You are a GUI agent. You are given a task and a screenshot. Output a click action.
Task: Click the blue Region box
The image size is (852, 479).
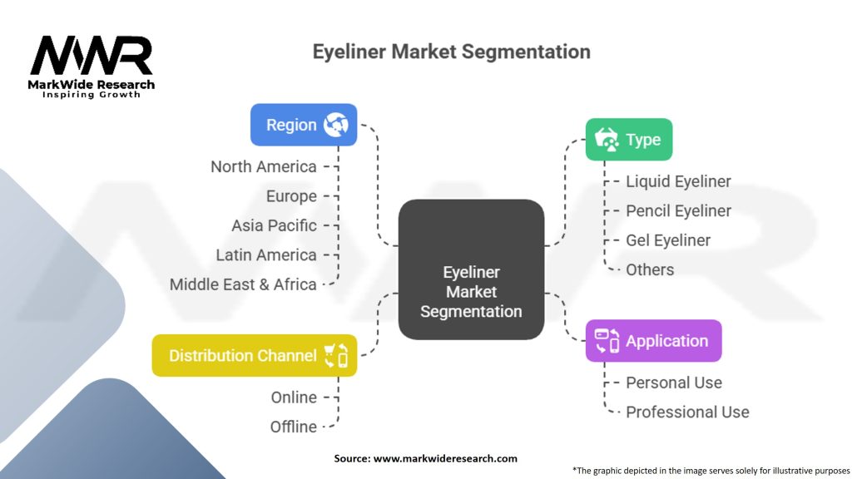pos(304,125)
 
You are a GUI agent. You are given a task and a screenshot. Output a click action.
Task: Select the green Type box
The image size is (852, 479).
pos(629,140)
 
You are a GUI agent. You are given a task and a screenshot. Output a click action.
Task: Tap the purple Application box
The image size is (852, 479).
pos(654,341)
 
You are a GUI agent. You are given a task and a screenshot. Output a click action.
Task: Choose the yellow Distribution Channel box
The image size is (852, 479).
pos(255,356)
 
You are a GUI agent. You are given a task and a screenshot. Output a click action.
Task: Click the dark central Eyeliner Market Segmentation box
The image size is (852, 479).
pos(471,270)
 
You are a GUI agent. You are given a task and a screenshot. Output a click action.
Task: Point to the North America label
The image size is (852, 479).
pos(264,166)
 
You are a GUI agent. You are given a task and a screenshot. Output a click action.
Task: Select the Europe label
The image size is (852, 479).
pos(291,196)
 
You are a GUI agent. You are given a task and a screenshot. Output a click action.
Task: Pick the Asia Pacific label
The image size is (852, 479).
pos(274,225)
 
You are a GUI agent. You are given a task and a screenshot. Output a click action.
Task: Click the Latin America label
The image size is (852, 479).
pos(266,254)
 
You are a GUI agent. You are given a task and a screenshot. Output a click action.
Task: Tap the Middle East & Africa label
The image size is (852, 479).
pos(243,284)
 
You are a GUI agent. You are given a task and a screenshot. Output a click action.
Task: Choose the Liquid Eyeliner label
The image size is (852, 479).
pos(678,181)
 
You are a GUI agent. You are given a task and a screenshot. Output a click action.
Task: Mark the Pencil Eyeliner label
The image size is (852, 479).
pos(678,210)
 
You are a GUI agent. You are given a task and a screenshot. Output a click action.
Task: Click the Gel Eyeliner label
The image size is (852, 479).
pos(668,240)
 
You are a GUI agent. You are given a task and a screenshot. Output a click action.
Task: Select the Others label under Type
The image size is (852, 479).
pos(650,269)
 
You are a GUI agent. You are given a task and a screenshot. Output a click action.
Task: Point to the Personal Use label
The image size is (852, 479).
pos(674,383)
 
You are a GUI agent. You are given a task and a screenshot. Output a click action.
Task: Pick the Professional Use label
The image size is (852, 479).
pos(687,412)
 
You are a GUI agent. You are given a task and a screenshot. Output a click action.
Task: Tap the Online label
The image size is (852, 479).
pos(294,398)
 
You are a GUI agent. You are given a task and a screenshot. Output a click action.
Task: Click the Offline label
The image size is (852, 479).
pos(294,427)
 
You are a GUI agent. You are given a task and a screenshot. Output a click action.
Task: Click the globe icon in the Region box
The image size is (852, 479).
pos(336,125)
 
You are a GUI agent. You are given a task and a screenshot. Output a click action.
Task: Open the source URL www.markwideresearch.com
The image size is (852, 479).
pos(445,458)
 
